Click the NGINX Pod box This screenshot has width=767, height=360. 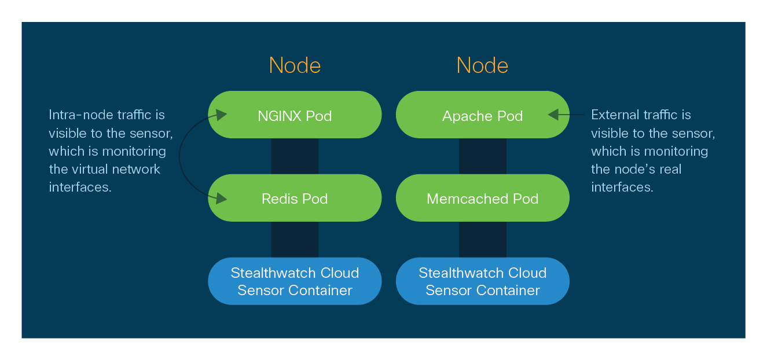[295, 115]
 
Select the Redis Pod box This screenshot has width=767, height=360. [295, 198]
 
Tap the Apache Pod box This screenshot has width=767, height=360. [482, 115]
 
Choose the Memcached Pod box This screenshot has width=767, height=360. [482, 198]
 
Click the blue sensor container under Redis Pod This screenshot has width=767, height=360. [295, 281]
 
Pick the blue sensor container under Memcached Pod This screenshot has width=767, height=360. [482, 281]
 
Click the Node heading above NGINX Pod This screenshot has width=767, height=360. [295, 65]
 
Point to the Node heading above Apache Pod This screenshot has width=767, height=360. [482, 65]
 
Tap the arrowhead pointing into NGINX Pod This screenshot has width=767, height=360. [221, 114]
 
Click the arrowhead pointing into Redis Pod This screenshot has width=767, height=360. [221, 200]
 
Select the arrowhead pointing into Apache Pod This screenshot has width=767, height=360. [553, 115]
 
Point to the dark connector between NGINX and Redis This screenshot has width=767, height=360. [295, 156]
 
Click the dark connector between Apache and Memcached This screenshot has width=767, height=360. [482, 156]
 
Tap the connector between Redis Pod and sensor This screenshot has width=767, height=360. [295, 239]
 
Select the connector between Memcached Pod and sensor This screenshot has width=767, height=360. [482, 239]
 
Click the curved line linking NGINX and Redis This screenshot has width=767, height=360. [180, 156]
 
